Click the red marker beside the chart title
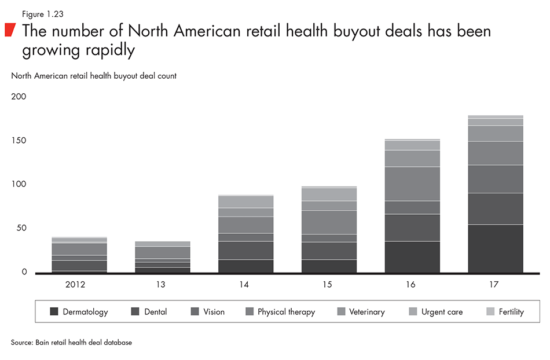(9, 30)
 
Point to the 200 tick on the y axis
(19, 97)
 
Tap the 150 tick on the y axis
(19, 141)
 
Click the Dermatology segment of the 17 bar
(495, 248)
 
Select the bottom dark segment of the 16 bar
(412, 257)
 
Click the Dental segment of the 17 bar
(495, 208)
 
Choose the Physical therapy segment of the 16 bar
(412, 183)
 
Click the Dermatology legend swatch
(54, 312)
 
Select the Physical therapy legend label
(286, 312)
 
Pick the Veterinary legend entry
(360, 312)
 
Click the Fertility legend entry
(505, 312)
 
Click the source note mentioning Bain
(71, 343)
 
